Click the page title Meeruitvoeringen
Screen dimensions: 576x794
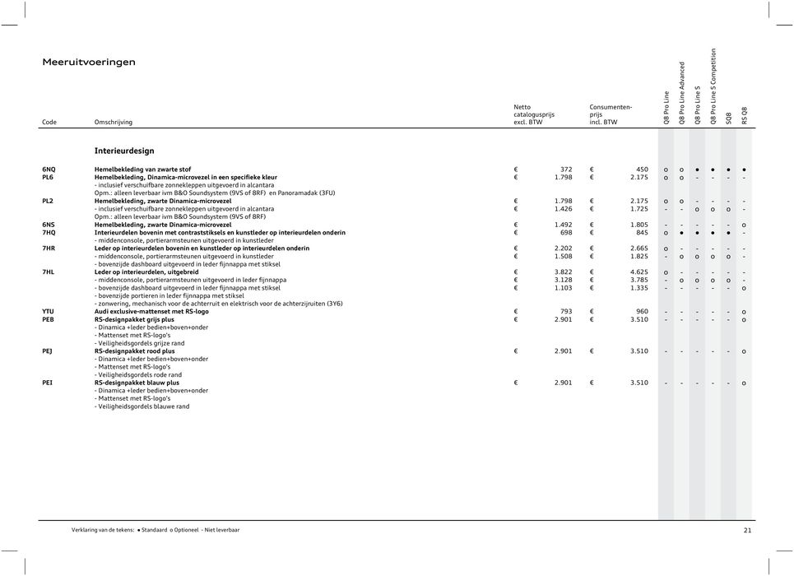(89, 62)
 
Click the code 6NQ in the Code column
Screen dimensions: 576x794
(49, 169)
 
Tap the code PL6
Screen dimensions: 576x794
(49, 177)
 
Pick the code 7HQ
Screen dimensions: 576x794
(49, 233)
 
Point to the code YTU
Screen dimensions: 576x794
(49, 312)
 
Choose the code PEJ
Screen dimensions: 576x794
(48, 351)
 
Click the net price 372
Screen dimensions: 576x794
(566, 169)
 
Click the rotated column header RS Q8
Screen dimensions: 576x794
(745, 115)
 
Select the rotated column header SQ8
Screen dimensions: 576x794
(728, 118)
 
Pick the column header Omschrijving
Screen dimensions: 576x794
(114, 122)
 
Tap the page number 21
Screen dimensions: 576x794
(747, 531)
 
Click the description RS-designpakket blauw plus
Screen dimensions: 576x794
(137, 383)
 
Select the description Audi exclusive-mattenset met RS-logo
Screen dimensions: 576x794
(151, 312)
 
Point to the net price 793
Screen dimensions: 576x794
(566, 312)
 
